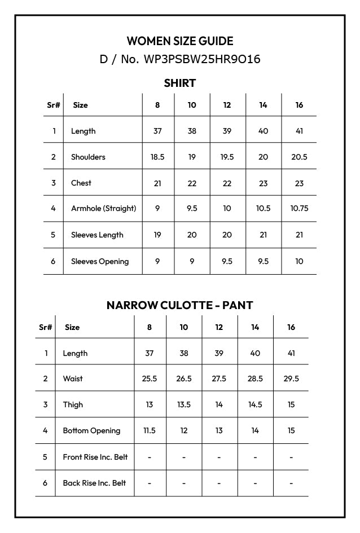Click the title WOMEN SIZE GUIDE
click(x=180, y=41)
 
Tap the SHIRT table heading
click(x=180, y=83)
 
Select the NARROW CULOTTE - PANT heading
click(x=180, y=305)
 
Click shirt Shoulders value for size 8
click(x=157, y=157)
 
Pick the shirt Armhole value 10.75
click(x=299, y=209)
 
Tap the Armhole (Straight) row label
click(x=103, y=209)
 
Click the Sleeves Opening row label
click(x=100, y=261)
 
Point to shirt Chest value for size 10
click(x=192, y=183)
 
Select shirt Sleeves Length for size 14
click(x=263, y=235)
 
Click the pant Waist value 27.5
click(x=219, y=379)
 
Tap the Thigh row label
click(x=73, y=404)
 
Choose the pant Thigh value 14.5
click(x=255, y=404)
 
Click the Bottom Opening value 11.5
click(x=150, y=430)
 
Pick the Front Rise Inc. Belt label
click(x=95, y=457)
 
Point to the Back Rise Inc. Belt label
click(x=94, y=483)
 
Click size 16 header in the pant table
click(x=291, y=327)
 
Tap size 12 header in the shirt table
click(x=227, y=105)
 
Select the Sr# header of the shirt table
click(x=53, y=105)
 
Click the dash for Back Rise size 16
click(x=291, y=483)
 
